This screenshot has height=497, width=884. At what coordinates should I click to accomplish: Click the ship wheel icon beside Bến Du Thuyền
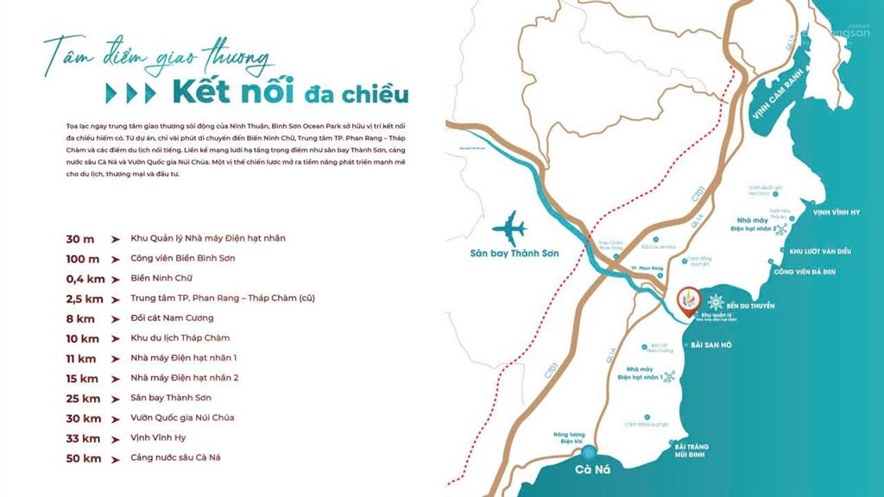pos(716,303)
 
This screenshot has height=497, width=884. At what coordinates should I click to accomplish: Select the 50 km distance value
pos(84,457)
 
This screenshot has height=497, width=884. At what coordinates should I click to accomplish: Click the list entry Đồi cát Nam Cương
pos(172,318)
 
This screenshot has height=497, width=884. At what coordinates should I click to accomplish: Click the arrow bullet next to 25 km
pos(115,398)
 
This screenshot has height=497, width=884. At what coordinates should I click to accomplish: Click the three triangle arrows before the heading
pos(130,93)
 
